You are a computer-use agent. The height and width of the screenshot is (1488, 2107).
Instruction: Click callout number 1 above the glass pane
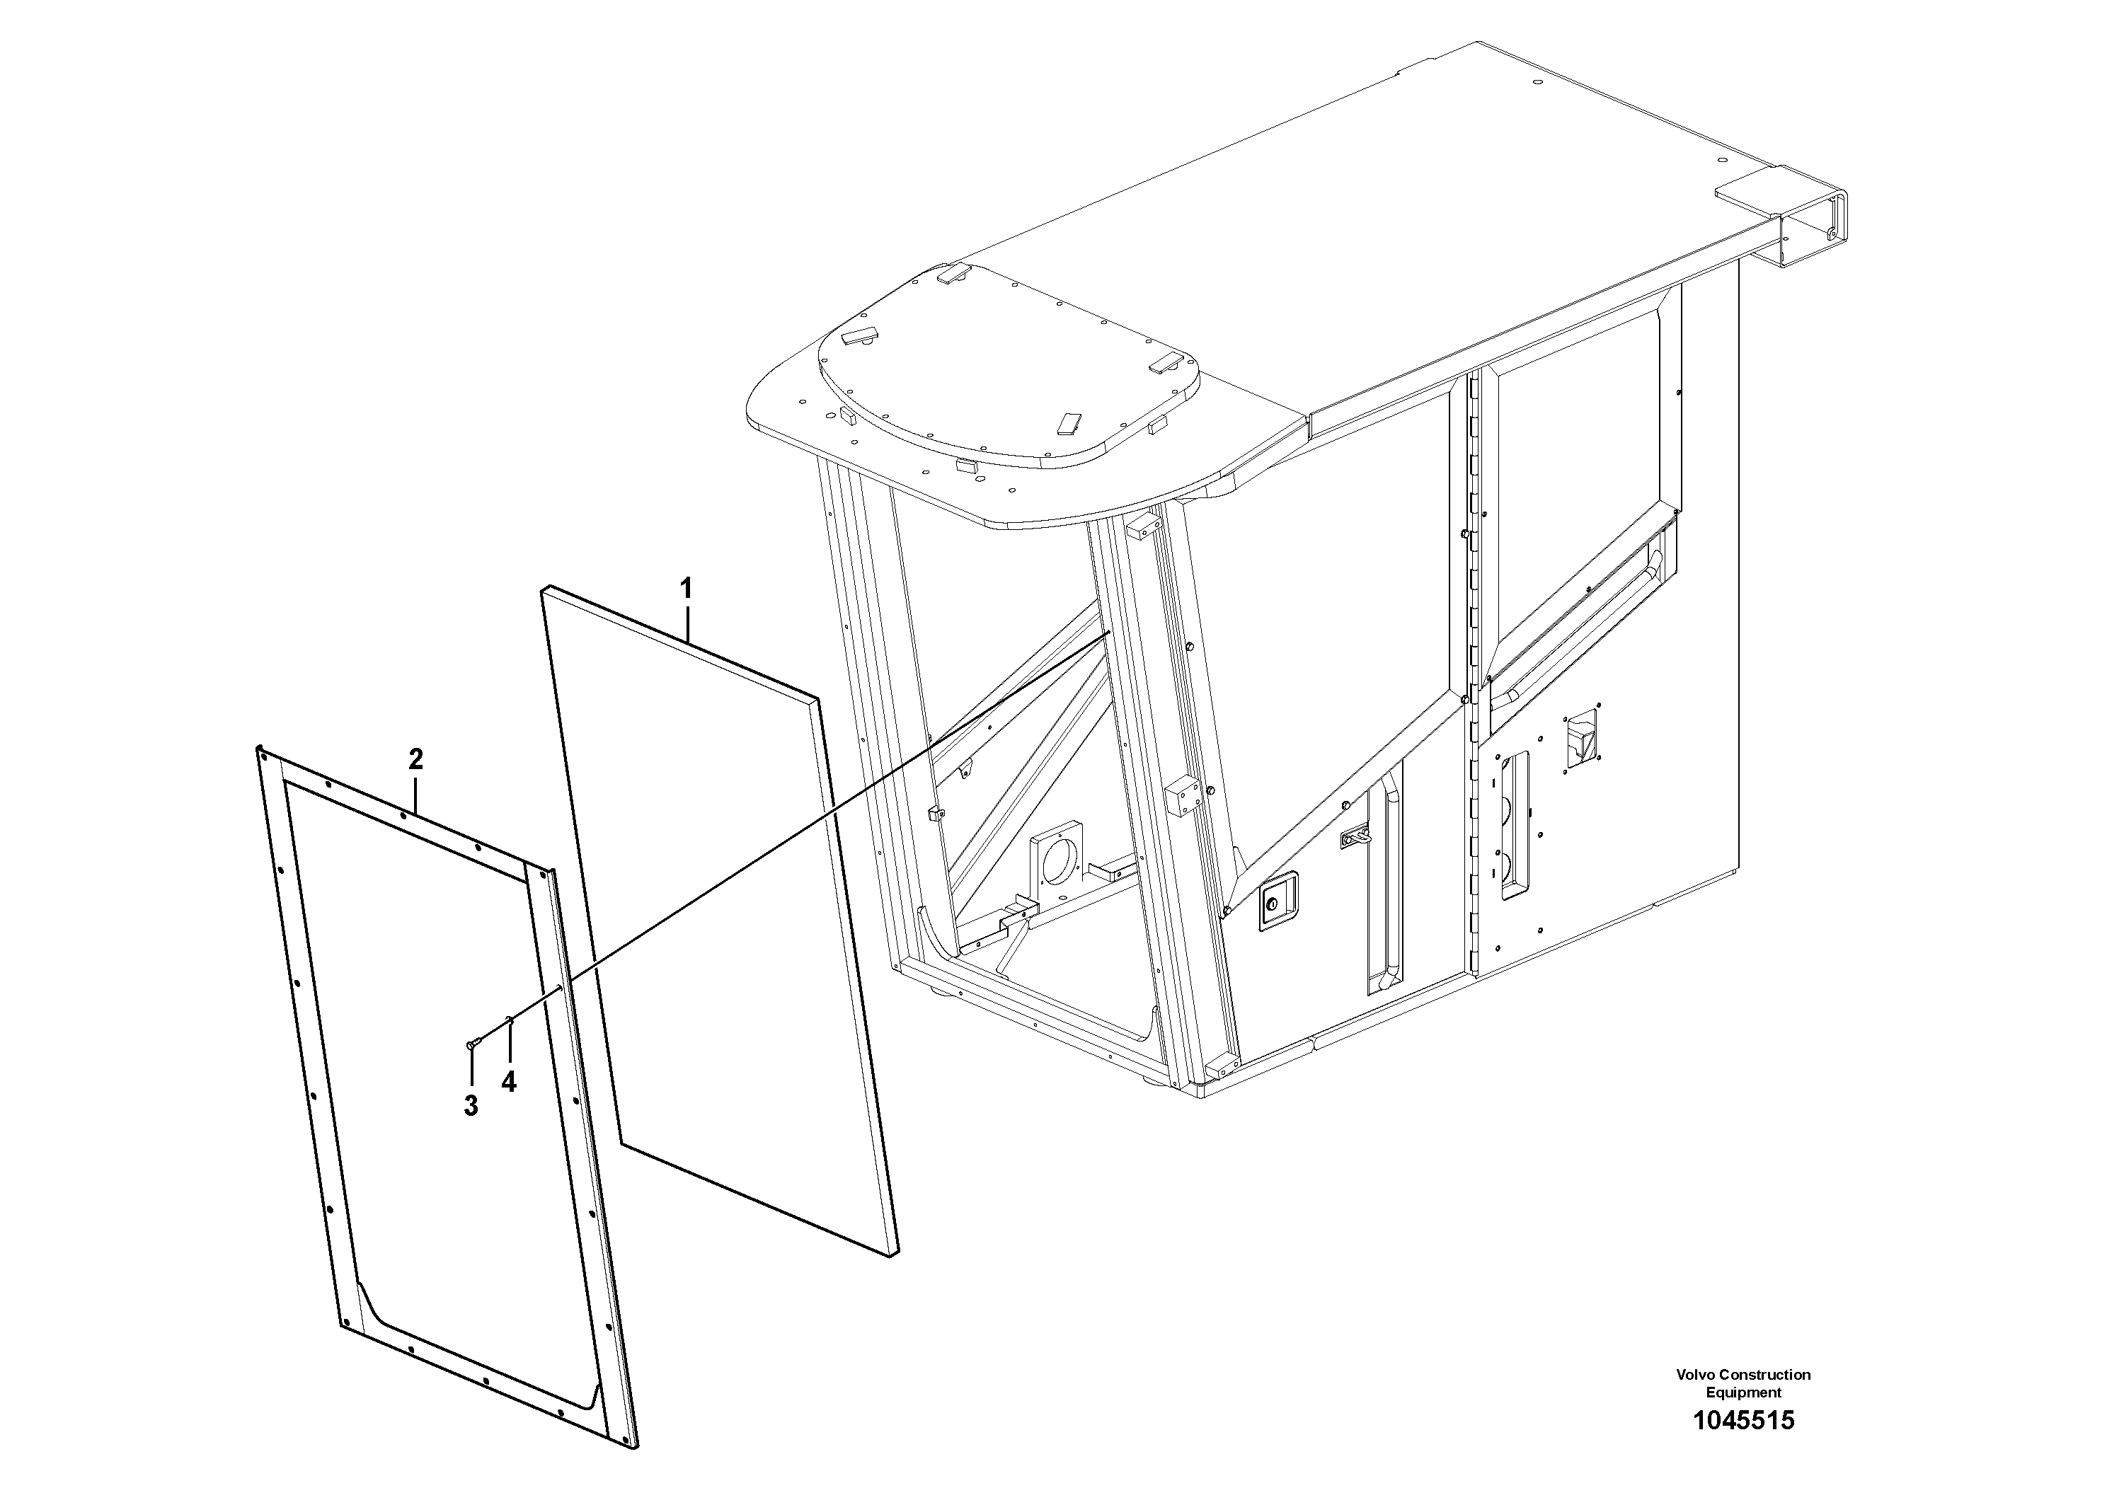coord(686,588)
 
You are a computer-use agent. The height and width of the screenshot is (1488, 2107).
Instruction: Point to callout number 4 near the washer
coord(508,1083)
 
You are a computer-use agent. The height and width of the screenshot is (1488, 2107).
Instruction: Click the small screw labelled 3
coord(473,1042)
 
